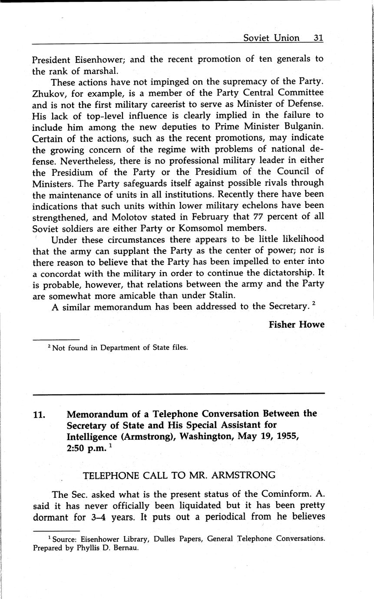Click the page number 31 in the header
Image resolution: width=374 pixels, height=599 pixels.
318,38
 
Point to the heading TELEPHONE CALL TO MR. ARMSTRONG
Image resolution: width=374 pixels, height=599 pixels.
179,475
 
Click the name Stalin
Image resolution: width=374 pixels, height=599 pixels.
236,296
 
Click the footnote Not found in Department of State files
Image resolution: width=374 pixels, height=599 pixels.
120,347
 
